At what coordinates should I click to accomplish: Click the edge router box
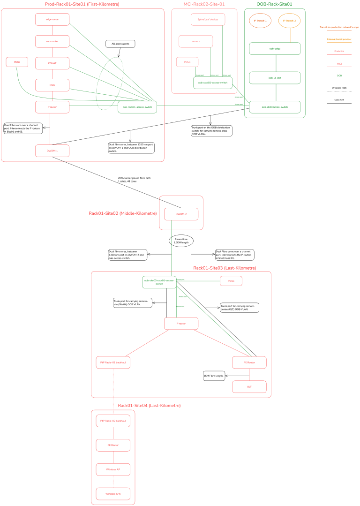(x=52, y=19)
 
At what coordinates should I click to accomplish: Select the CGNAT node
(x=52, y=63)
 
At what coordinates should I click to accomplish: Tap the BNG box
(x=52, y=85)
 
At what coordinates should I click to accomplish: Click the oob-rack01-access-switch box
(x=137, y=107)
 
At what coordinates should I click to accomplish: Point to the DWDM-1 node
(x=52, y=151)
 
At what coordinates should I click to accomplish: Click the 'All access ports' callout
(x=120, y=44)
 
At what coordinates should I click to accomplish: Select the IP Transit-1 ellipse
(x=260, y=21)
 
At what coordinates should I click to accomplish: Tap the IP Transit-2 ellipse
(x=289, y=21)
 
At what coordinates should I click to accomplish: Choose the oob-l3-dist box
(x=275, y=77)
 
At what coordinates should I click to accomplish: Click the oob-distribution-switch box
(x=275, y=107)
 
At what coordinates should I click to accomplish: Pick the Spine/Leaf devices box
(x=208, y=19)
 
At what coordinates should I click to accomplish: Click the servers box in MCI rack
(x=195, y=41)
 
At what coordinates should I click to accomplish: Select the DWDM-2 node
(x=181, y=214)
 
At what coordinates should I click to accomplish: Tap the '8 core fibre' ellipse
(x=181, y=241)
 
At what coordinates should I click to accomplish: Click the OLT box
(x=249, y=386)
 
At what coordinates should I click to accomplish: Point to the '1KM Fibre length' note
(x=214, y=376)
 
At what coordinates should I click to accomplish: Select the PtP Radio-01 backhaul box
(x=113, y=362)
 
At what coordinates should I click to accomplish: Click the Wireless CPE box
(x=113, y=494)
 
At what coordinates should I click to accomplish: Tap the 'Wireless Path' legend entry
(x=339, y=88)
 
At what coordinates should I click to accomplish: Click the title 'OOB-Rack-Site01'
(x=274, y=4)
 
